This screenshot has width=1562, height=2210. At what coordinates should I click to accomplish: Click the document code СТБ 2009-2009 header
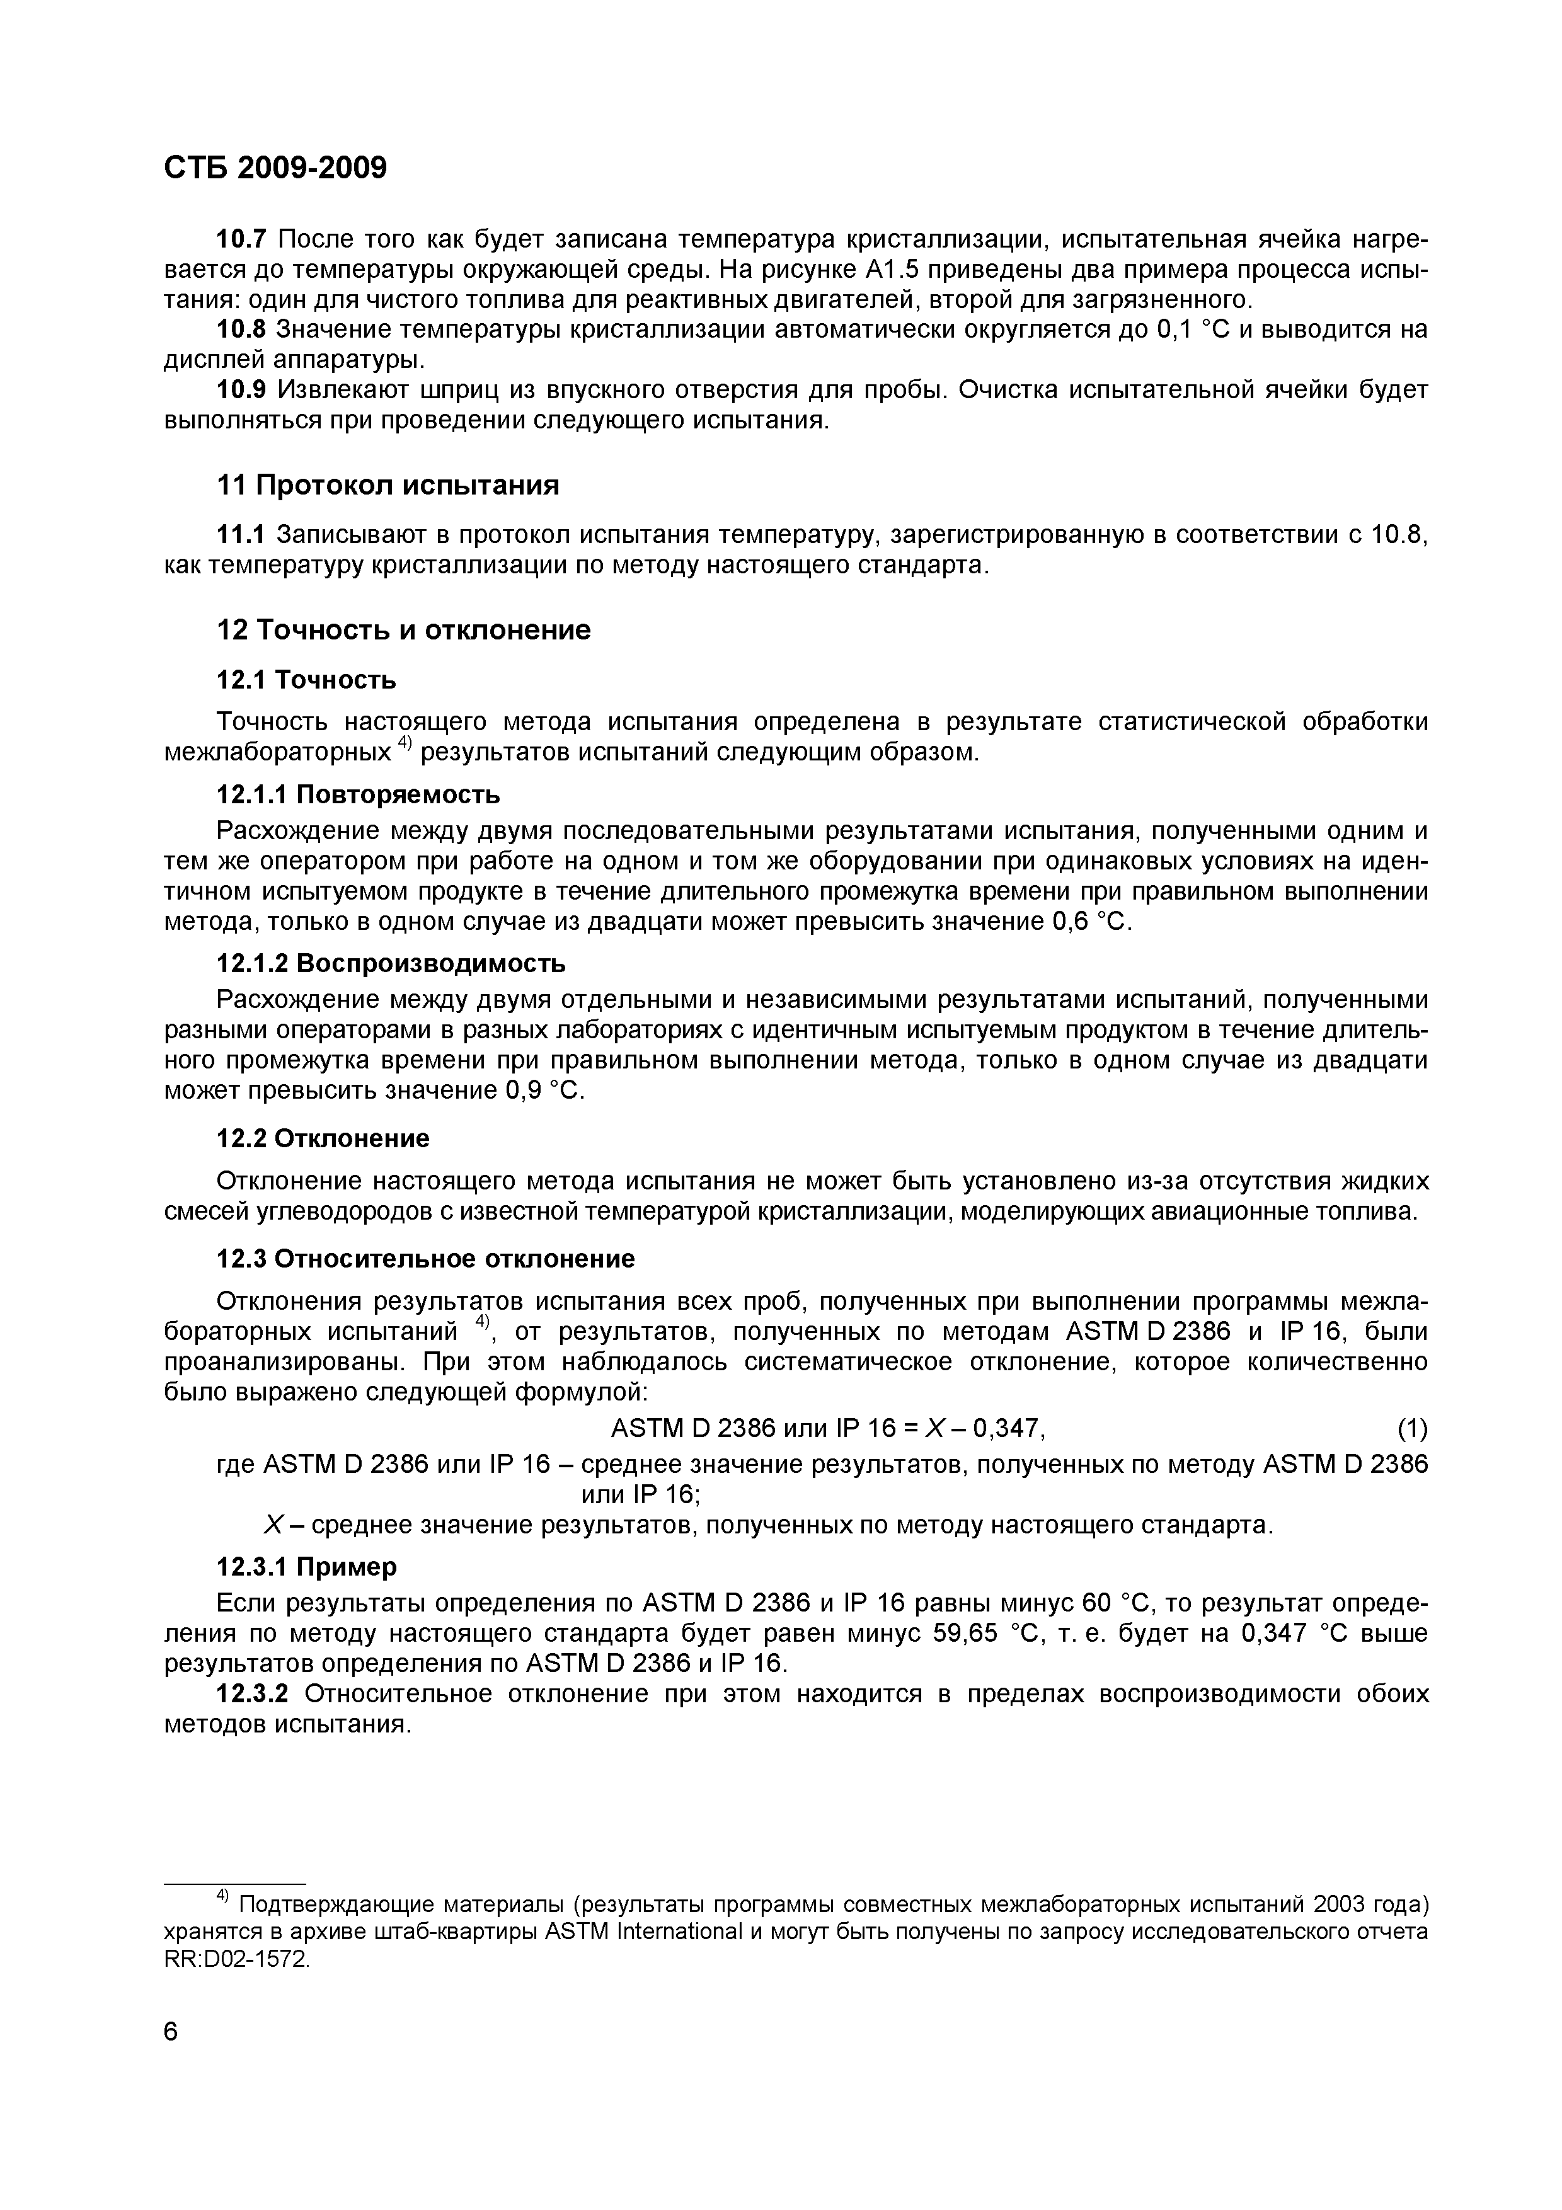coord(275,168)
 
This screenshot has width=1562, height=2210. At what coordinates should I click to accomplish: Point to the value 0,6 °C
coord(1086,922)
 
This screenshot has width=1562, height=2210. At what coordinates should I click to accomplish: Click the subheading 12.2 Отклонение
coord(323,1138)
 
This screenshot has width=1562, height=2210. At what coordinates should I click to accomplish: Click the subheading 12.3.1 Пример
coord(306,1567)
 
